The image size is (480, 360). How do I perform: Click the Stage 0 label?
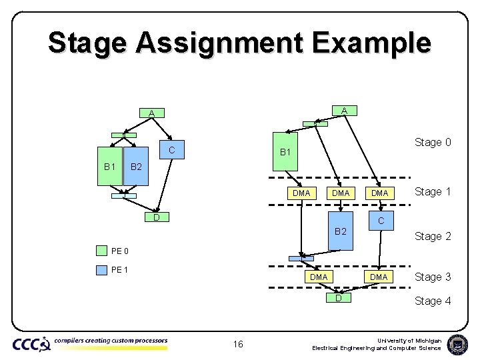pyautogui.click(x=433, y=142)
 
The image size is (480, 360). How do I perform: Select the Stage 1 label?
pyautogui.click(x=433, y=192)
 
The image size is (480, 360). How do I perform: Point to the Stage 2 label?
pyautogui.click(x=433, y=236)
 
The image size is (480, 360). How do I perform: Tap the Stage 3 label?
pyautogui.click(x=433, y=277)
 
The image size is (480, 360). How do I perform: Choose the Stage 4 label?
pyautogui.click(x=433, y=301)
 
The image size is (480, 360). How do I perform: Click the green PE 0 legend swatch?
pyautogui.click(x=101, y=251)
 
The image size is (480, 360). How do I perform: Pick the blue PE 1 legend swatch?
pyautogui.click(x=101, y=270)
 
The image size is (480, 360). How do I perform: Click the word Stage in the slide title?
pyautogui.click(x=87, y=43)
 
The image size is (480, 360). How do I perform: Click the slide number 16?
pyautogui.click(x=239, y=344)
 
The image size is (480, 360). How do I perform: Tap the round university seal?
pyautogui.click(x=457, y=344)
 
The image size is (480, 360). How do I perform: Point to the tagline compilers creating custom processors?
pyautogui.click(x=111, y=341)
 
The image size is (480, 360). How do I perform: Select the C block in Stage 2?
pyautogui.click(x=380, y=221)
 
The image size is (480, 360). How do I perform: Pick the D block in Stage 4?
pyautogui.click(x=339, y=297)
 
